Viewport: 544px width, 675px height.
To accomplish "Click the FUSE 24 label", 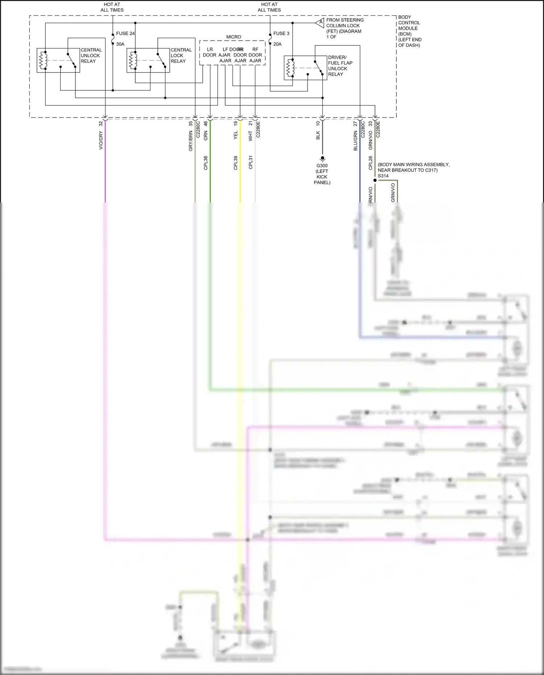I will (125, 33).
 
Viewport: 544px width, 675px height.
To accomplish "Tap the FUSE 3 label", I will (281, 33).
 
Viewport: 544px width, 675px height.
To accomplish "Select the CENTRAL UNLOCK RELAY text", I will (91, 55).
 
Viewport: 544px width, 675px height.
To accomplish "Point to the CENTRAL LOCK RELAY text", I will (181, 55).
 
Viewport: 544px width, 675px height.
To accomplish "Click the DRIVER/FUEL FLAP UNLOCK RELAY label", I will (340, 66).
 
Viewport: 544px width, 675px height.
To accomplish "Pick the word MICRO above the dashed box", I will (234, 37).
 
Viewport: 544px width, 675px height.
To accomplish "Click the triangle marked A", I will (320, 23).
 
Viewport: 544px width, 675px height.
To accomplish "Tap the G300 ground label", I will (322, 166).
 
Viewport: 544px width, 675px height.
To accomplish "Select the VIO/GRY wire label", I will (101, 140).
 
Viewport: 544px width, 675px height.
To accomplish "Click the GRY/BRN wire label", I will (190, 141).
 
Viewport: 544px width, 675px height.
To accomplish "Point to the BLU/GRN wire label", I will (355, 141).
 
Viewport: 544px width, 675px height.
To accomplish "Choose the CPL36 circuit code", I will (206, 163).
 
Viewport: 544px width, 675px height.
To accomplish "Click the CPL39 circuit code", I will (235, 163).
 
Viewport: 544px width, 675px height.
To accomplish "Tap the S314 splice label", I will (383, 176).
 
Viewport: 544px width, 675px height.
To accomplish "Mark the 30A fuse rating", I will (120, 44).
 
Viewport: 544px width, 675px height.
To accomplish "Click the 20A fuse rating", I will (277, 44).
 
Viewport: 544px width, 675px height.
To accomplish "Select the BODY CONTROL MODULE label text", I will (409, 31).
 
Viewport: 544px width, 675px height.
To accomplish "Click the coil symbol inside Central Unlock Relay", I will (44, 60).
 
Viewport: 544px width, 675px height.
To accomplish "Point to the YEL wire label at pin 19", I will (235, 135).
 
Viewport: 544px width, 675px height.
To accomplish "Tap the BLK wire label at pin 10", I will (318, 135).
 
